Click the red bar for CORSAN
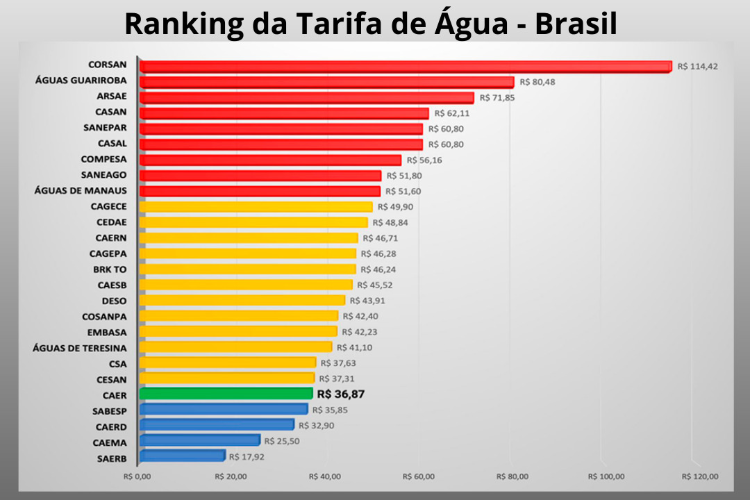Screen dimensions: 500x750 pyautogui.click(x=406, y=66)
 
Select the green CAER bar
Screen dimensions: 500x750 pyautogui.click(x=226, y=394)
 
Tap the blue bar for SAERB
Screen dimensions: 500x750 pyautogui.click(x=183, y=456)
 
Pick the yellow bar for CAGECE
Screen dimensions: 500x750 pyautogui.click(x=256, y=206)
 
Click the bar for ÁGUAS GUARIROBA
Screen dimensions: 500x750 pyautogui.click(x=327, y=82)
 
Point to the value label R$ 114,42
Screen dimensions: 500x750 pyautogui.click(x=697, y=67)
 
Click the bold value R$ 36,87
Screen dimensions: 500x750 pyautogui.click(x=340, y=394)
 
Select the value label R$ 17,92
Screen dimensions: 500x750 pyautogui.click(x=247, y=457)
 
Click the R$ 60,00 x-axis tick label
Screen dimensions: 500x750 pyautogui.click(x=419, y=476)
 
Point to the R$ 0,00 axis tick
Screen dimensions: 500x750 pyautogui.click(x=137, y=476)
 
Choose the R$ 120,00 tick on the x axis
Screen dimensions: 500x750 pyautogui.click(x=700, y=476)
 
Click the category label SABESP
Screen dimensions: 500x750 pyautogui.click(x=109, y=410)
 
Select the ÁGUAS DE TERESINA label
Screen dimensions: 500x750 pyautogui.click(x=80, y=347)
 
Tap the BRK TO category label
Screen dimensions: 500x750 pyautogui.click(x=110, y=269)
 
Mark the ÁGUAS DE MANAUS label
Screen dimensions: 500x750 pyautogui.click(x=81, y=191)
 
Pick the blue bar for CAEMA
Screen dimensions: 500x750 pyautogui.click(x=200, y=440)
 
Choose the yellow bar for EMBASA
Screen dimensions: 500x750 pyautogui.click(x=238, y=331)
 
